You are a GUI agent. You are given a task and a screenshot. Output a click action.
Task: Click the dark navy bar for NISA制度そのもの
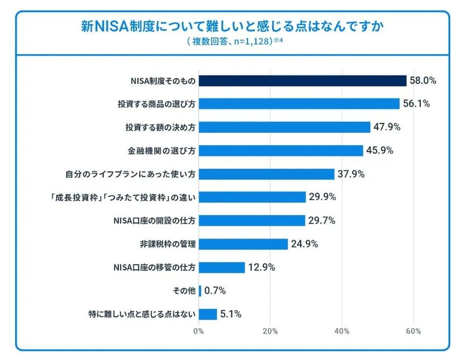(x=302, y=81)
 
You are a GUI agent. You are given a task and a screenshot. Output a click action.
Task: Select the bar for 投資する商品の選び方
(x=299, y=104)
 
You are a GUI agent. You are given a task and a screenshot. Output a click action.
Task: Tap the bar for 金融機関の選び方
(x=281, y=151)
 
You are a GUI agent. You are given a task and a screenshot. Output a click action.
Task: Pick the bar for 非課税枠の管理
(x=243, y=244)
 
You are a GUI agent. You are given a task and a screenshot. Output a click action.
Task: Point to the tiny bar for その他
(x=200, y=291)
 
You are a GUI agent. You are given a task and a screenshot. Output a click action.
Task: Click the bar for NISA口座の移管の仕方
(x=222, y=267)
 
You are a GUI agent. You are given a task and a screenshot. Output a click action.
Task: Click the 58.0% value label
(x=422, y=81)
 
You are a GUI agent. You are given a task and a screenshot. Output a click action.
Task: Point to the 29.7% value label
(x=322, y=221)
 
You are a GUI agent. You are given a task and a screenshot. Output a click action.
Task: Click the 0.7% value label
(x=215, y=291)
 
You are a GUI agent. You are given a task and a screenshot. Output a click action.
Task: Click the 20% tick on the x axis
(x=271, y=330)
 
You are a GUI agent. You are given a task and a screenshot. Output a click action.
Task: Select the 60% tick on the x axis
(x=413, y=330)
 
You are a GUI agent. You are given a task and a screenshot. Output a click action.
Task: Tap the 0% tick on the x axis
(x=199, y=330)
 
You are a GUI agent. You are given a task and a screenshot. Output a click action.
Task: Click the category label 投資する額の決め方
(x=160, y=128)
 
